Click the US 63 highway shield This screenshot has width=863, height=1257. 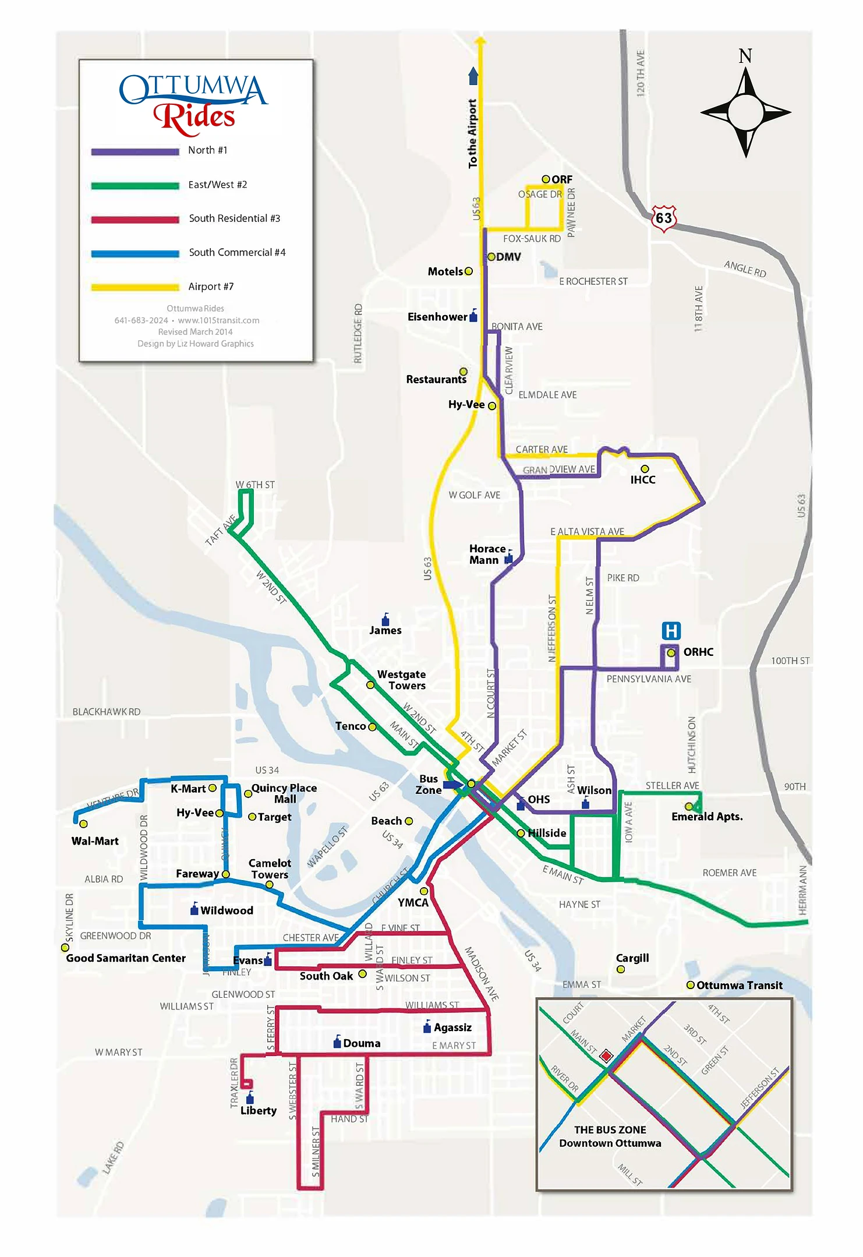pos(664,218)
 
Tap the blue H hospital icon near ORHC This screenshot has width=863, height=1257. pos(671,631)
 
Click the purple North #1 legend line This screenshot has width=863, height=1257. pos(135,151)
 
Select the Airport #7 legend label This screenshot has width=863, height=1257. pos(211,287)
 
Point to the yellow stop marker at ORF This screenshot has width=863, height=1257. pos(546,179)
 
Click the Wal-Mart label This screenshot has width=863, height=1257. pos(95,841)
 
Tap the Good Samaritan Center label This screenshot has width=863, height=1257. pos(126,958)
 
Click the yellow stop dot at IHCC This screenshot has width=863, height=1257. pos(645,469)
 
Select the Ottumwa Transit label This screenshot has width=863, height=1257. pos(739,986)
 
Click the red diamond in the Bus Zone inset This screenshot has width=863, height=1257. pos(606,1056)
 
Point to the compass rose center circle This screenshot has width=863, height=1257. pos(745,112)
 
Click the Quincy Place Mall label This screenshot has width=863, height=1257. pos(284,793)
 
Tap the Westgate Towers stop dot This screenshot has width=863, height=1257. pos(370,685)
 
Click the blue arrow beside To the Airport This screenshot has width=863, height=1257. pos(473,76)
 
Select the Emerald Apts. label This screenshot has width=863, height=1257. pos(707,817)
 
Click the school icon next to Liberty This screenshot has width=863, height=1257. pos(250,1098)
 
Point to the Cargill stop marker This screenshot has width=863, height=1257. pos(621,969)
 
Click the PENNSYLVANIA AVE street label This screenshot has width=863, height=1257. pos(649,679)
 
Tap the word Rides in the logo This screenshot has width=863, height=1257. pos(195,116)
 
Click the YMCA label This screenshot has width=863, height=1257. pos(413,903)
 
